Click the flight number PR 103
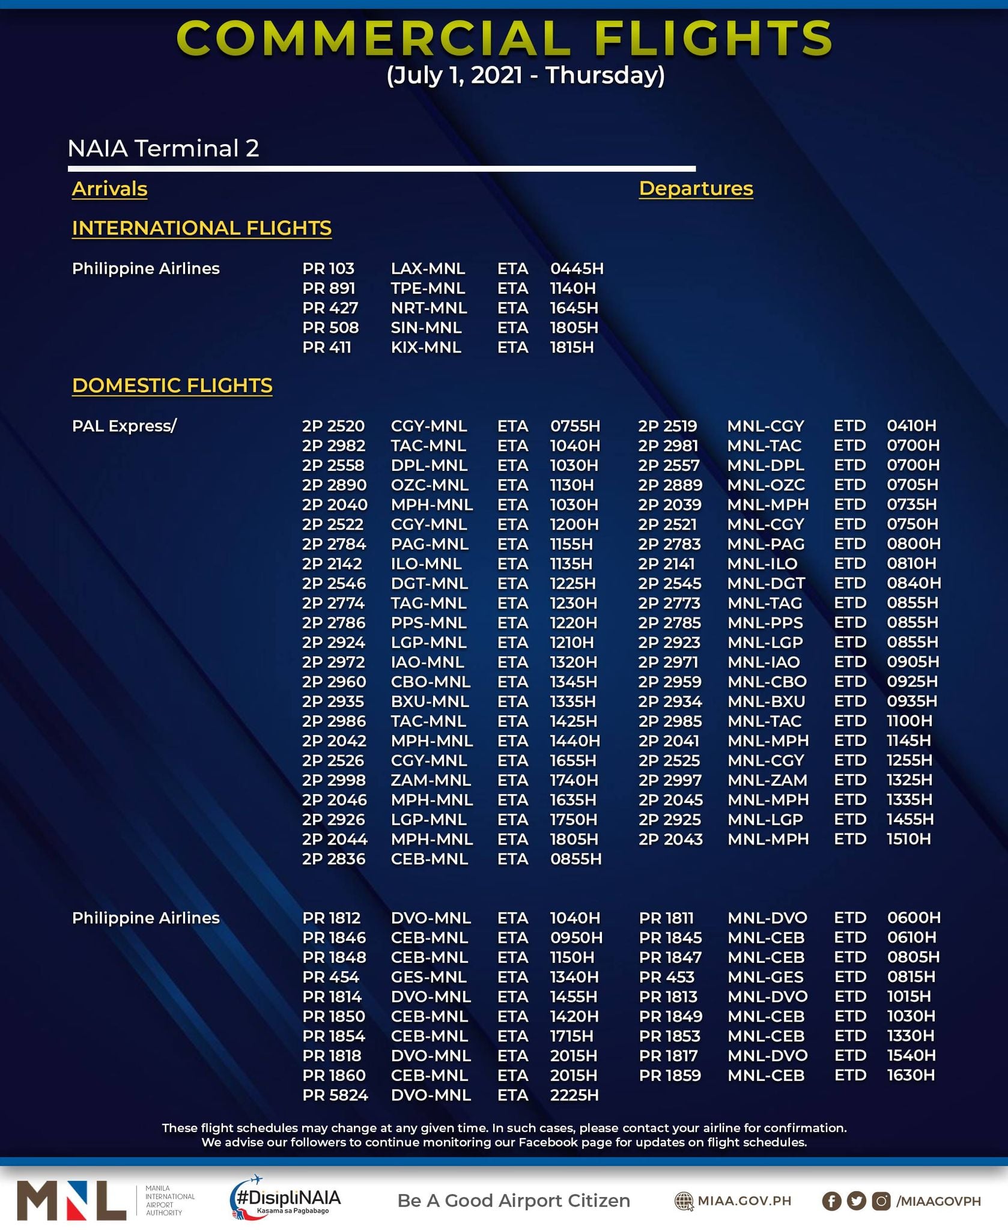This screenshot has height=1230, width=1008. pyautogui.click(x=328, y=268)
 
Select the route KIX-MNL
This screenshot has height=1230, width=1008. pyautogui.click(x=426, y=347)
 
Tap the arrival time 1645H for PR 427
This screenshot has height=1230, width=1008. pyautogui.click(x=574, y=308)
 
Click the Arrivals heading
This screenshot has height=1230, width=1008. pyautogui.click(x=109, y=189)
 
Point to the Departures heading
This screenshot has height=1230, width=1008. pyautogui.click(x=696, y=188)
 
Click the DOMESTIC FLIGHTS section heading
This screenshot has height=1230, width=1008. pyautogui.click(x=172, y=385)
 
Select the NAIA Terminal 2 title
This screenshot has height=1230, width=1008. pyautogui.click(x=163, y=148)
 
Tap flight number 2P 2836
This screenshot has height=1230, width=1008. pyautogui.click(x=333, y=859)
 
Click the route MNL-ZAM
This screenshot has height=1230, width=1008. pyautogui.click(x=767, y=780)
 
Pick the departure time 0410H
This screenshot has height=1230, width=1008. pyautogui.click(x=911, y=426)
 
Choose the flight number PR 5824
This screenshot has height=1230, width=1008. pyautogui.click(x=335, y=1095)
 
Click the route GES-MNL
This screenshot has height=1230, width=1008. pyautogui.click(x=428, y=977)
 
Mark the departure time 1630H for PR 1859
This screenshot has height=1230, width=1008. pyautogui.click(x=911, y=1075)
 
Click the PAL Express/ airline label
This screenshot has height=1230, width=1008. pyautogui.click(x=124, y=426)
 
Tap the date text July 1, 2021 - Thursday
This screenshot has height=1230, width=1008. pyautogui.click(x=526, y=76)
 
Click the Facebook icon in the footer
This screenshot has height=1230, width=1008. pyautogui.click(x=831, y=1201)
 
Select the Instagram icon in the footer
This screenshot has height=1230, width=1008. pyautogui.click(x=881, y=1201)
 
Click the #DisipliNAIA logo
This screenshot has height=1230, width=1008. pyautogui.click(x=287, y=1199)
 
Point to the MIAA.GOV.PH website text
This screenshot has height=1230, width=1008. pyautogui.click(x=744, y=1201)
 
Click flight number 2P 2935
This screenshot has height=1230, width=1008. pyautogui.click(x=333, y=701)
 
